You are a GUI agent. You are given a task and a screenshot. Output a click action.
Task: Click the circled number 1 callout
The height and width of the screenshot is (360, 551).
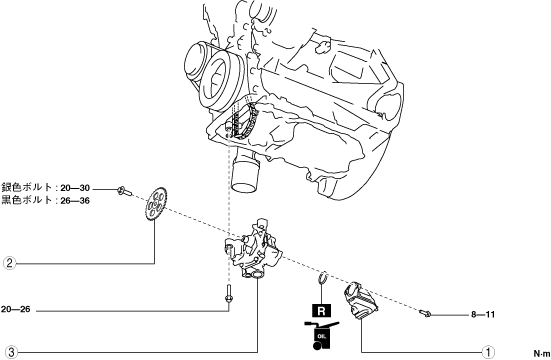[488, 352]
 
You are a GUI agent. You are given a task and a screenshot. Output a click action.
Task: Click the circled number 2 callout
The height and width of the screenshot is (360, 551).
[9, 263]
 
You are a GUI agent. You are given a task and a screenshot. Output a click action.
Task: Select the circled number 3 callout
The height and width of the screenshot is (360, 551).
[11, 352]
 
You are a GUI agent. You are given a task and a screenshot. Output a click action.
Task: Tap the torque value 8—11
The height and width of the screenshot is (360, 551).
[483, 314]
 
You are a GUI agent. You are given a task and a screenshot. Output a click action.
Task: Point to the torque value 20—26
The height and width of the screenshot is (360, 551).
[15, 309]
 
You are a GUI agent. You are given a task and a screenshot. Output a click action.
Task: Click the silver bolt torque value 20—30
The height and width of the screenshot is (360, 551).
[75, 188]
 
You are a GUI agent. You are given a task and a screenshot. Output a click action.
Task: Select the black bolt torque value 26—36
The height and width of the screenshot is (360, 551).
[75, 200]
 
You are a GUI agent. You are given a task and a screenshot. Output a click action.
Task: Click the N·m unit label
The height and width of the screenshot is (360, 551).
[542, 353]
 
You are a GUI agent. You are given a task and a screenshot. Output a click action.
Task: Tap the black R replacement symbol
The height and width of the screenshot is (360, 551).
[322, 311]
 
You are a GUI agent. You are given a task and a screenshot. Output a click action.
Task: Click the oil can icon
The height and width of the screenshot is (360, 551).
[320, 335]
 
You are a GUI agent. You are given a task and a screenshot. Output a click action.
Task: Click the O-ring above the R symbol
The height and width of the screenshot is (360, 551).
[323, 276]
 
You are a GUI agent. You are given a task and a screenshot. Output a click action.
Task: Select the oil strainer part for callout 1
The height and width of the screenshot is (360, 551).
[360, 301]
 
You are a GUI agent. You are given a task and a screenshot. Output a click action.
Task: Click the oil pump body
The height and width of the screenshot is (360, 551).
[253, 250]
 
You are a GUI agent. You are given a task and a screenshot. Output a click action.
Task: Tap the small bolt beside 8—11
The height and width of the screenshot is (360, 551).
[425, 313]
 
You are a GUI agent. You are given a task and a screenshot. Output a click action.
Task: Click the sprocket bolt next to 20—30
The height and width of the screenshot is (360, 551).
[124, 191]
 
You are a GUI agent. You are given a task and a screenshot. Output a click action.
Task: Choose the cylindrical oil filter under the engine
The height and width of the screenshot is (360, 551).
[245, 171]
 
